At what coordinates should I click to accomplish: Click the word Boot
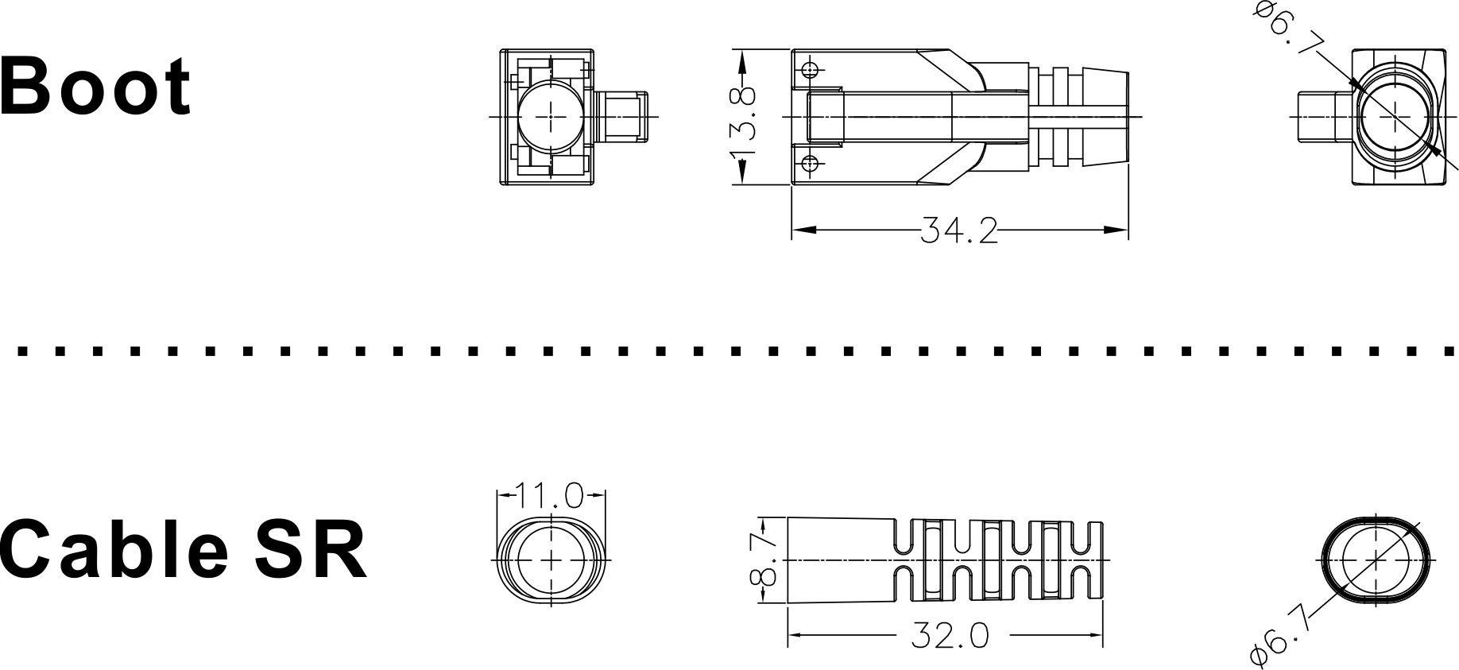click(95, 86)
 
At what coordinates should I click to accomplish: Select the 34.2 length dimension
click(959, 231)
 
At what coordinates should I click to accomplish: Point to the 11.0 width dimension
click(551, 496)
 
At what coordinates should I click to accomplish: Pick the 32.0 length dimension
click(950, 636)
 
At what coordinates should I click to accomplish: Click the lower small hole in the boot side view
click(810, 164)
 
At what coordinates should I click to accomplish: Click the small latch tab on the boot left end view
click(623, 117)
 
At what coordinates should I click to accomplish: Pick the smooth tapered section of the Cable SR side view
click(838, 560)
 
